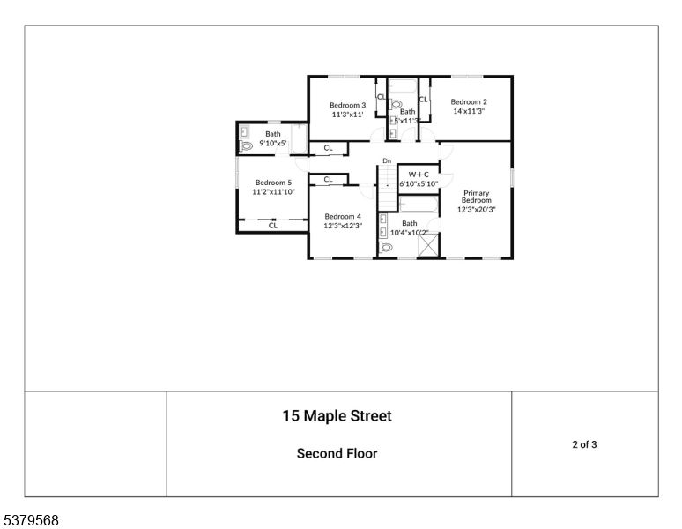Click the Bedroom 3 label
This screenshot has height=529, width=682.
[349, 105]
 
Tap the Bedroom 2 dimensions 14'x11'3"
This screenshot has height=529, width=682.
[470, 112]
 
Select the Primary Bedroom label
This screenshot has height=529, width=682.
[477, 197]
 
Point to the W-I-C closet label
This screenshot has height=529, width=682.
[418, 175]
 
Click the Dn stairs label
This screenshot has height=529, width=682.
[386, 160]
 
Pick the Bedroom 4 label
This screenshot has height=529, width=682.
[342, 216]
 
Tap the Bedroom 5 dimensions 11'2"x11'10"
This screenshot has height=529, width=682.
[273, 191]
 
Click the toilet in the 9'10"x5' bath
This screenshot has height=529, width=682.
[246, 145]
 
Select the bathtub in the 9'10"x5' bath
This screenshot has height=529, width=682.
[300, 139]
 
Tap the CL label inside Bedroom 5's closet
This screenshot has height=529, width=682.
[273, 226]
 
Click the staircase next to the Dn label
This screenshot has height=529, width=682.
[387, 181]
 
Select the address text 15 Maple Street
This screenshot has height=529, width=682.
[337, 415]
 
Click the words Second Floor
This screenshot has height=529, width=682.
[337, 454]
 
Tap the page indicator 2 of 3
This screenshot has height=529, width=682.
[584, 444]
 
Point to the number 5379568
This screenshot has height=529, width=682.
[30, 520]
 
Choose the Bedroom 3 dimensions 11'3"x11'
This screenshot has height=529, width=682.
[349, 115]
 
